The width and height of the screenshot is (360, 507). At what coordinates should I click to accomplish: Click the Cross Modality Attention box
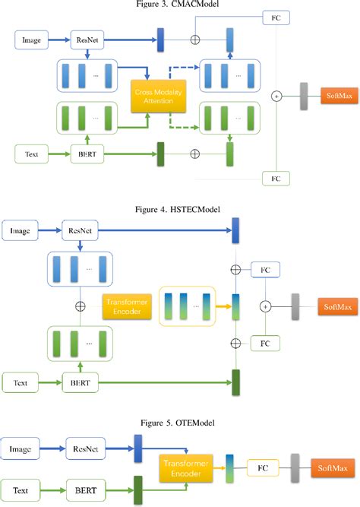(x=154, y=97)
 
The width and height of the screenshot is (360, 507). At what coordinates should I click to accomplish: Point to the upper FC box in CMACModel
(x=275, y=16)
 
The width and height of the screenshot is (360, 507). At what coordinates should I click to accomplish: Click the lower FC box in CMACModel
(x=275, y=178)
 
